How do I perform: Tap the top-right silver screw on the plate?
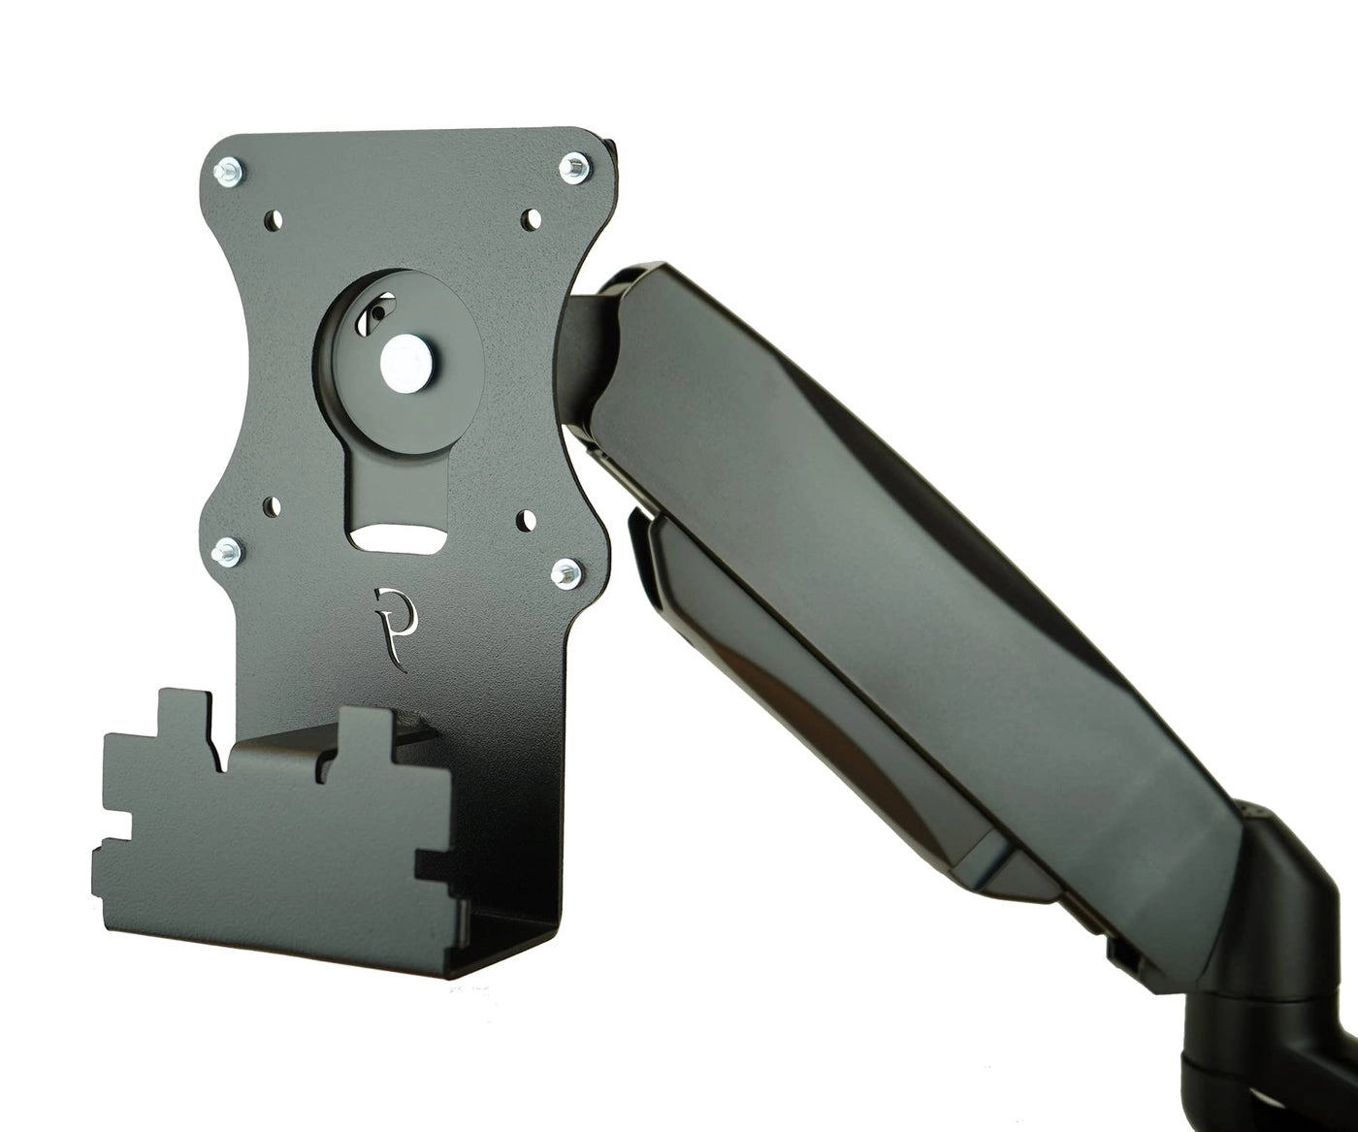[x=574, y=168]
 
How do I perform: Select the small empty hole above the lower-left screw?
[x=273, y=505]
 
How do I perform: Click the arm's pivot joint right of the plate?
[x=592, y=340]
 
